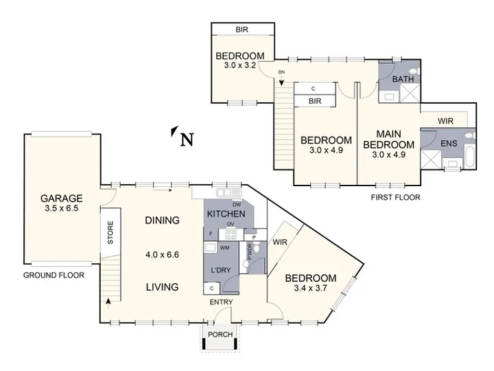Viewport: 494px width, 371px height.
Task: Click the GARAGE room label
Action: click(62, 198)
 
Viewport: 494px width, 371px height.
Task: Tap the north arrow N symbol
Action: click(183, 136)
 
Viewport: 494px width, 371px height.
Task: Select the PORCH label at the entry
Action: click(220, 334)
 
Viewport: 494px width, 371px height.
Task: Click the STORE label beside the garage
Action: click(110, 232)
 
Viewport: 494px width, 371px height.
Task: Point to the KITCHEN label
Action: click(226, 214)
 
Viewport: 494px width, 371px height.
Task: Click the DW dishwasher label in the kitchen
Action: click(237, 205)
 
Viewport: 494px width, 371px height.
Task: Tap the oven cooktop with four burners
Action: click(231, 234)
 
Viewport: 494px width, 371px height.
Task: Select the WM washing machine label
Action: click(224, 247)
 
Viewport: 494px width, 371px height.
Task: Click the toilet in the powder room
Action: click(257, 247)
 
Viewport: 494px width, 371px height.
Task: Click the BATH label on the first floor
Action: click(403, 79)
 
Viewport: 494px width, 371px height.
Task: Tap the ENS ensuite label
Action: click(449, 144)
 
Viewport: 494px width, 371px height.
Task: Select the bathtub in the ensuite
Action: click(469, 157)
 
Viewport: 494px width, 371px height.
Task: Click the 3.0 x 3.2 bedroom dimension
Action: click(239, 65)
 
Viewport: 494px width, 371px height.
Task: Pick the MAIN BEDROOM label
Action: click(389, 139)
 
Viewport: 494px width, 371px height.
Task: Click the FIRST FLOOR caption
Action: click(395, 197)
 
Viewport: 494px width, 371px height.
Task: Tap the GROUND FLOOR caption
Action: click(54, 275)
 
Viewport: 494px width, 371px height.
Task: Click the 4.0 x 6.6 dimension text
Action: click(162, 254)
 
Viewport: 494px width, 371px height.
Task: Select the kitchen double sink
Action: click(228, 192)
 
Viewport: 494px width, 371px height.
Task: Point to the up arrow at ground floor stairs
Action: click(108, 304)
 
